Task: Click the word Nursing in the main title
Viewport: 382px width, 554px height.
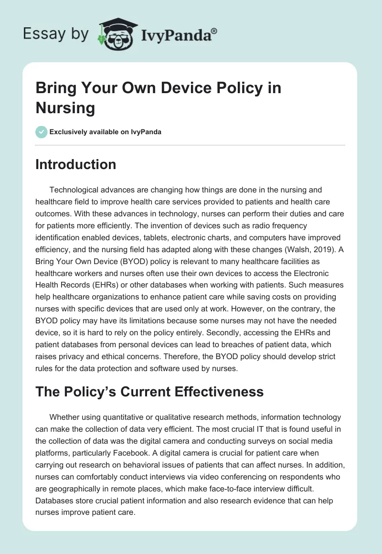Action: point(65,107)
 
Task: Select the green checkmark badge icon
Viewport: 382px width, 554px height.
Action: point(42,132)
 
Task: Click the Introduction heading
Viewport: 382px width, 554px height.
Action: point(76,164)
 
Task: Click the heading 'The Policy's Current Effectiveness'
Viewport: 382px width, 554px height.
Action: point(149,392)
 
